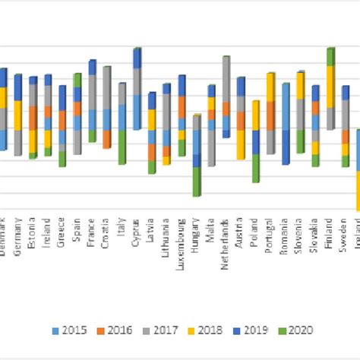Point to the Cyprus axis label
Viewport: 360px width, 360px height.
(137, 232)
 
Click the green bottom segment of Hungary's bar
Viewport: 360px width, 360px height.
(196, 182)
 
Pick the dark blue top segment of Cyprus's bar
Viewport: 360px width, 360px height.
(137, 58)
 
